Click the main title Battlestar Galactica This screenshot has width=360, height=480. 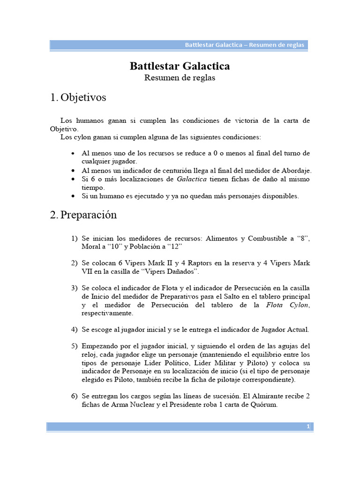click(x=180, y=66)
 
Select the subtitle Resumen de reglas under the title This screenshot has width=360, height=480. click(x=180, y=78)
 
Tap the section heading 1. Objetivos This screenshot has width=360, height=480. click(x=78, y=97)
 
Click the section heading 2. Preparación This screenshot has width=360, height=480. click(x=83, y=215)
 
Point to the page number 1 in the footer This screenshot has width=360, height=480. click(x=308, y=427)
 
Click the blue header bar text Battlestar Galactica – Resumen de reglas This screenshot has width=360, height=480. click(x=244, y=45)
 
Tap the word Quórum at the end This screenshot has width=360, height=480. click(x=263, y=405)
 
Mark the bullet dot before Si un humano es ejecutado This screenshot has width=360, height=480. click(x=72, y=196)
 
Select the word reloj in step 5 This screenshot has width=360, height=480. click(x=90, y=354)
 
